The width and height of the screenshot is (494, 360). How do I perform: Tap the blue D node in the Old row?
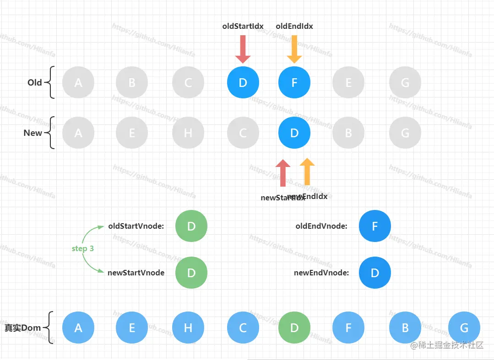pos(243,83)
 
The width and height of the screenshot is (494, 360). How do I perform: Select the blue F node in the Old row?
pos(294,83)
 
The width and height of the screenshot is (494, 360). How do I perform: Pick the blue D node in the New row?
pos(294,133)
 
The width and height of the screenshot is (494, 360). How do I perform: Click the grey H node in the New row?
pos(188,133)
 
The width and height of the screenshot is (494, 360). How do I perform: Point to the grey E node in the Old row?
pos(348,83)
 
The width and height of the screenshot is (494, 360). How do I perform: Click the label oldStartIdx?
pos(243,26)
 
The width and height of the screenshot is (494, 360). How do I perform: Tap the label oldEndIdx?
pos(294,26)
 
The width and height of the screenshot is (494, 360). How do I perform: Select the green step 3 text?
pos(83,248)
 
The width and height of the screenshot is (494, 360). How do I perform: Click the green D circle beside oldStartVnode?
pos(191,226)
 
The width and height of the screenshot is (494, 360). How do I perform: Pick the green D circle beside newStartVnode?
pos(191,273)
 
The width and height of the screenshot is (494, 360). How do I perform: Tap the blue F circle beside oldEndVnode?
pos(375,226)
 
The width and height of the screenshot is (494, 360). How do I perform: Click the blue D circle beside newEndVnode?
pos(375,273)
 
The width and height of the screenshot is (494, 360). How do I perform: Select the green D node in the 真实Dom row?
pos(294,328)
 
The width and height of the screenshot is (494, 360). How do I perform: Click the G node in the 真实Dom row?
pos(464,328)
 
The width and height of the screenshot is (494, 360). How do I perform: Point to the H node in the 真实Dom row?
pos(188,328)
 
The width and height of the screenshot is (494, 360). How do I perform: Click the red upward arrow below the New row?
pos(283,173)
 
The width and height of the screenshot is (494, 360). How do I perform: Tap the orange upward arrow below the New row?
pos(307,172)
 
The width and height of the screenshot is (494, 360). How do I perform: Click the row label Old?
pos(35,83)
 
